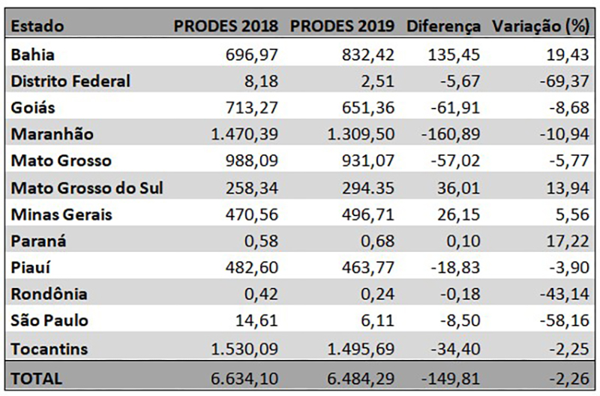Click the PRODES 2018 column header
(226, 25)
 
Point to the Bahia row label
(34, 55)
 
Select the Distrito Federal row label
(71, 81)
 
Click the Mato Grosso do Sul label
(88, 187)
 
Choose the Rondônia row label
(50, 294)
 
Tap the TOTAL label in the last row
(38, 379)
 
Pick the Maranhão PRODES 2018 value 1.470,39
(239, 134)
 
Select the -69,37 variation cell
(565, 81)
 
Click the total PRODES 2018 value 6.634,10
(239, 379)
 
